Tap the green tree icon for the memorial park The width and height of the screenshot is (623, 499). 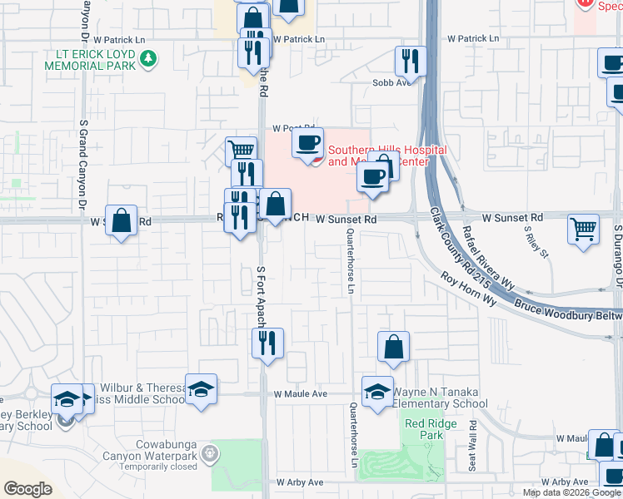148,58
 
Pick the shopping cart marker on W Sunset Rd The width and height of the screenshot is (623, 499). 583,229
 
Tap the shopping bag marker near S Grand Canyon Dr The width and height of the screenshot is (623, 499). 122,221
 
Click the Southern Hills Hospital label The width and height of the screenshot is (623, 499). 387,156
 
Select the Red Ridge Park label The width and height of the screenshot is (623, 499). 424,429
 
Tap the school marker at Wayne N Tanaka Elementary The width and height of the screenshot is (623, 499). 377,392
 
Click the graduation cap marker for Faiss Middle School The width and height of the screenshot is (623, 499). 201,390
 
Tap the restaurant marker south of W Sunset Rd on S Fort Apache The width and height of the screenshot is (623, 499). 267,343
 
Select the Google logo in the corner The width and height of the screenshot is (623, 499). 27,489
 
